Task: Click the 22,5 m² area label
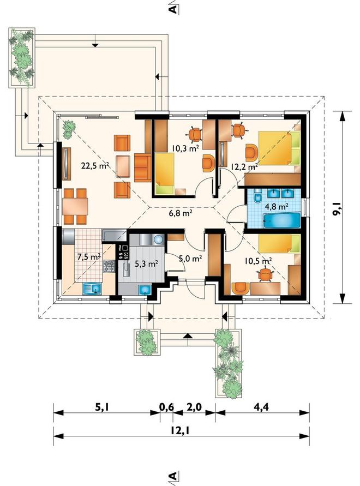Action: (x=95, y=165)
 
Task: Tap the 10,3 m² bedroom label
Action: (x=185, y=149)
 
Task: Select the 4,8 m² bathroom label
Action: (x=275, y=206)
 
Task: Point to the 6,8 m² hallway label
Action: (x=179, y=213)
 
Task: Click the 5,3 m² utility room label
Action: (x=146, y=264)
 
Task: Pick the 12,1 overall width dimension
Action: (x=181, y=430)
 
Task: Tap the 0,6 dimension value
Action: (x=167, y=407)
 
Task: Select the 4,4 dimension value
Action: (x=261, y=407)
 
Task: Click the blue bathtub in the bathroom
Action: (x=282, y=221)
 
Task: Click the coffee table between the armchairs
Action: (x=124, y=166)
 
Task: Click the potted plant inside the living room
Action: (x=69, y=129)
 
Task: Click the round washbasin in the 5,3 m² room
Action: (x=158, y=239)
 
